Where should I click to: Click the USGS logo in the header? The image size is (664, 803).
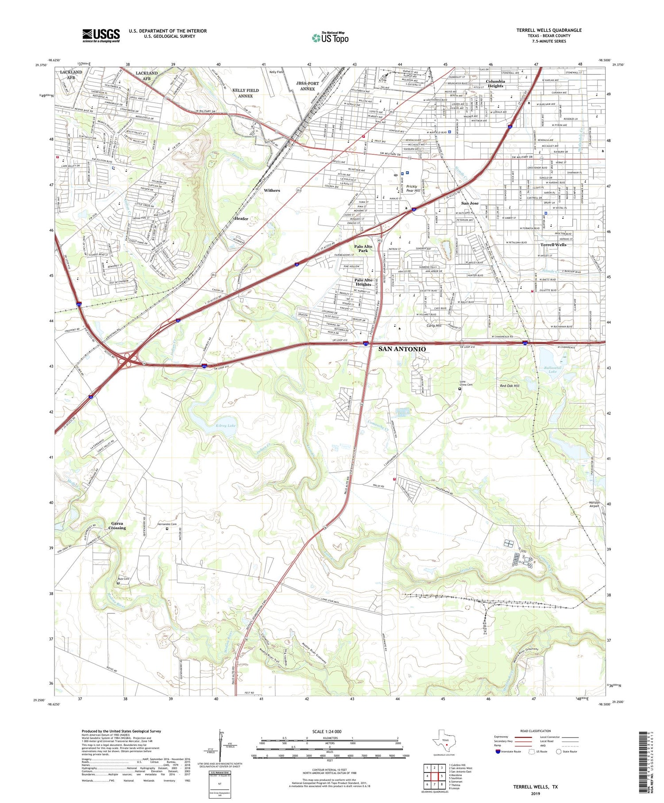pos(101,35)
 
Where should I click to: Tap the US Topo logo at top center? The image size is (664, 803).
pos(330,38)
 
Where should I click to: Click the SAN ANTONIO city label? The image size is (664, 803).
pos(402,349)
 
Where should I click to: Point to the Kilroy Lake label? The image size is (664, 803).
pos(213,425)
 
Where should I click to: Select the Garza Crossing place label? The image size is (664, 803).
pos(117,526)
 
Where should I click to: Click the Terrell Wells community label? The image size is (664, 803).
pos(553,245)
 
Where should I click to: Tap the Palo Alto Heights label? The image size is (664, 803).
pos(363,282)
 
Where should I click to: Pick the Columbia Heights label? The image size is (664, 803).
pos(495,84)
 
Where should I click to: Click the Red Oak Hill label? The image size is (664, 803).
pos(510,386)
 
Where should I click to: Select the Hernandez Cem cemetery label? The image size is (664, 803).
pos(167,524)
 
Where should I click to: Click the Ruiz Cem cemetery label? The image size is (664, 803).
pos(124,579)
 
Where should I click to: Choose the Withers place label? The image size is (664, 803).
pos(272,190)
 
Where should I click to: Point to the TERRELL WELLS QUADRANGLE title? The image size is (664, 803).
pos(549,30)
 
